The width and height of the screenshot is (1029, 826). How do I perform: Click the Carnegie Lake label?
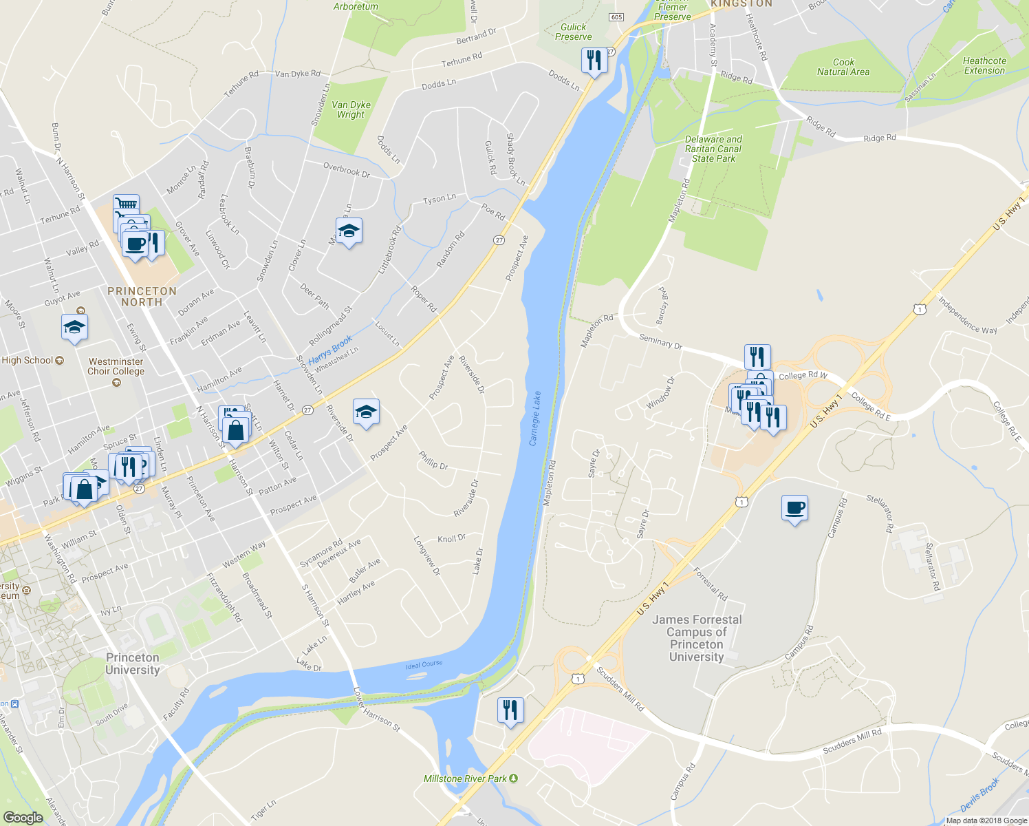535,419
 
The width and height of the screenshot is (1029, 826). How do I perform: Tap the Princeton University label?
133,664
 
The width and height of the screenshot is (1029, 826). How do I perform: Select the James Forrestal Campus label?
696,638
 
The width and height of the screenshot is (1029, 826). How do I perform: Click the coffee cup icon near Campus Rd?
794,509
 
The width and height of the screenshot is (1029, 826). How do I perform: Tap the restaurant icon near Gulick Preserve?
594,61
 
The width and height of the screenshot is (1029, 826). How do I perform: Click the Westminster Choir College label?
116,366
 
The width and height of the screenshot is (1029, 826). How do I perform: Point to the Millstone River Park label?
466,779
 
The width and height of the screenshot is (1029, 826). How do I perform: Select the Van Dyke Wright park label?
351,110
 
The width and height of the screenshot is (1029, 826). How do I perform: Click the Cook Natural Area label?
843,67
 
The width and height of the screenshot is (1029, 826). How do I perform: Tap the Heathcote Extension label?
984,65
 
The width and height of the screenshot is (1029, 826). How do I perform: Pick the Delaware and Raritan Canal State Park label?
713,149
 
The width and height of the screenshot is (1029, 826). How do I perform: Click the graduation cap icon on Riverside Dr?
366,412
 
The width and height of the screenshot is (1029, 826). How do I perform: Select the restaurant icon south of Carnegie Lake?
510,710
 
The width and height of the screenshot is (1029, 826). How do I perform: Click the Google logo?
23,817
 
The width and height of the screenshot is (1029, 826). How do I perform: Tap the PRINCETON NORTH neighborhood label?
142,297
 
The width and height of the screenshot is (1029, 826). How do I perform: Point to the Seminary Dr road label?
660,341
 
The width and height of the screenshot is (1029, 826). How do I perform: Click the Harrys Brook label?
330,349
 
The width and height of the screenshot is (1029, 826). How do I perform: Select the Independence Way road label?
967,315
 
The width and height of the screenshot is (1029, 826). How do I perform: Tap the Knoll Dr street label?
452,538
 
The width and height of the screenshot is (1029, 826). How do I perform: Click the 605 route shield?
616,17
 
